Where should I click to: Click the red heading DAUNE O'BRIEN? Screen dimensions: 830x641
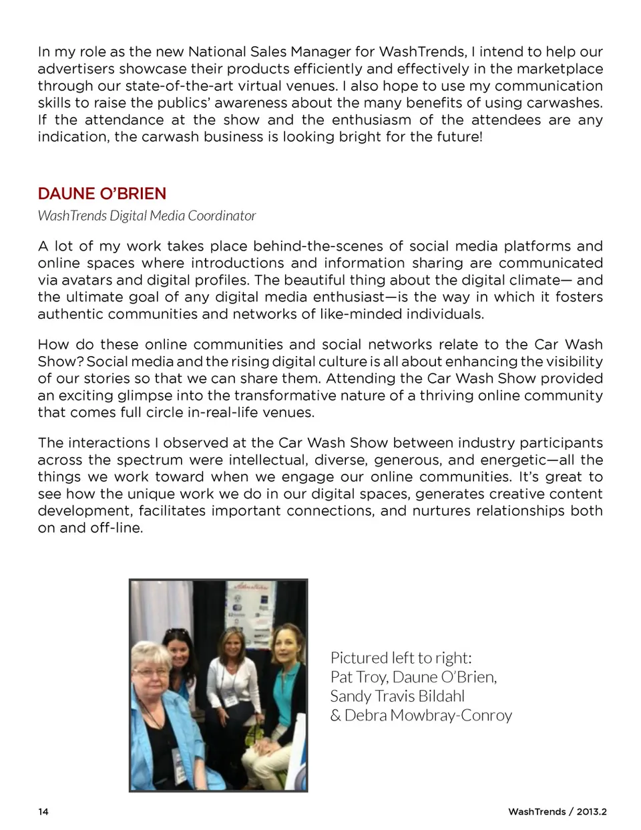(101, 194)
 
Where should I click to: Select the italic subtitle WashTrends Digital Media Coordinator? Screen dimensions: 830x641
(147, 216)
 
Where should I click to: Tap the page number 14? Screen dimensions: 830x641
(43, 812)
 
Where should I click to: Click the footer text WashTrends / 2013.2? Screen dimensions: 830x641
(557, 812)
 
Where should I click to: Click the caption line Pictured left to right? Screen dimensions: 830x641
(401, 658)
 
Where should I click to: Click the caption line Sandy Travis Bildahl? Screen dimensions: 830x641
(397, 696)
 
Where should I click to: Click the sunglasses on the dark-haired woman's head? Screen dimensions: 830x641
(176, 632)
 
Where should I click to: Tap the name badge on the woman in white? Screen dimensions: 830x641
(230, 699)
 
